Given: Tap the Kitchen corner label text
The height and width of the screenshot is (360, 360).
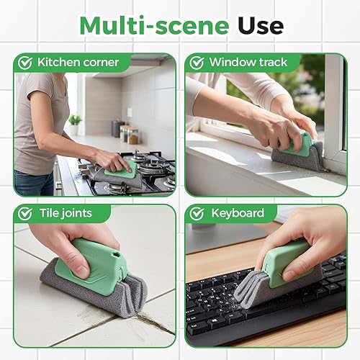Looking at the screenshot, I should (x=78, y=63).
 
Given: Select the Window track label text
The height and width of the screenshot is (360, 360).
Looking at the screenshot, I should (x=248, y=63).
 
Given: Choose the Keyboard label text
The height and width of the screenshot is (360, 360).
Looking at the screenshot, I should (x=237, y=213).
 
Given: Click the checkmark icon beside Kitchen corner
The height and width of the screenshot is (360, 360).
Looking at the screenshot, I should (x=25, y=63).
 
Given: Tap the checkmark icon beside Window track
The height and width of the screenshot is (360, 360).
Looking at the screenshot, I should (x=197, y=63).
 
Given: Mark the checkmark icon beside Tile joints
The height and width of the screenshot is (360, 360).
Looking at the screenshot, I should (x=25, y=213).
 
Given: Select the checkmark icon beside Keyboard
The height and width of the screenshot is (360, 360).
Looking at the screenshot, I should (x=197, y=213).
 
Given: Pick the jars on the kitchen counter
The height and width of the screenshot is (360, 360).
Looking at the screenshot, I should (x=127, y=134).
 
